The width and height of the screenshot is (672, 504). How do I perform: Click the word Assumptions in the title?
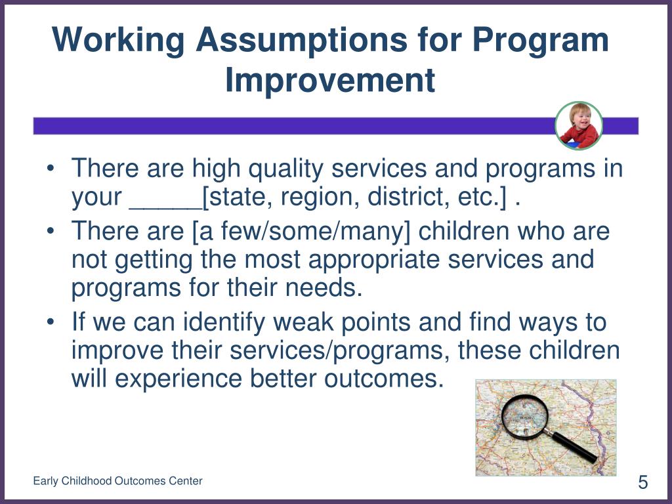[302, 39]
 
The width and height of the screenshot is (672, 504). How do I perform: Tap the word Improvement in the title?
[330, 79]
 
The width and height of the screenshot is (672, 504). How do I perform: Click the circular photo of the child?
[579, 125]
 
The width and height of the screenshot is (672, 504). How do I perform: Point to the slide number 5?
[643, 482]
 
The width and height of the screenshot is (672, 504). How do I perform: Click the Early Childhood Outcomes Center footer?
[117, 481]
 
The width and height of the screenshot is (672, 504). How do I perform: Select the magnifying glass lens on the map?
[524, 416]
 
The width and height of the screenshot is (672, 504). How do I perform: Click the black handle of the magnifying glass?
[574, 448]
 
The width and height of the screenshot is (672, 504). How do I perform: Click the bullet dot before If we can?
[51, 322]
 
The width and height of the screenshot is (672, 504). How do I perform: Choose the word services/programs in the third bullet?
[340, 351]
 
